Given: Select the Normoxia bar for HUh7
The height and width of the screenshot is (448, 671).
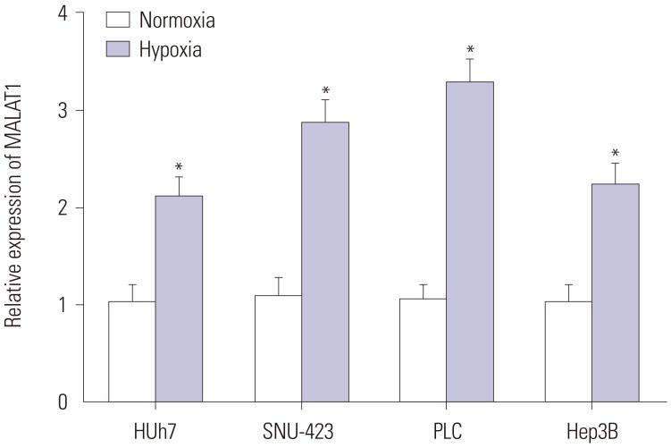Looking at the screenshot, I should click(x=131, y=351).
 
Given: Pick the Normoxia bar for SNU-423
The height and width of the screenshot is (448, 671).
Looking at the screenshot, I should click(x=277, y=349).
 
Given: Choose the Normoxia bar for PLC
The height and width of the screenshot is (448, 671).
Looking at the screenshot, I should click(x=423, y=350).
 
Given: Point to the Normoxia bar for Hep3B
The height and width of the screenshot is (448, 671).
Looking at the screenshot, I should click(x=568, y=351).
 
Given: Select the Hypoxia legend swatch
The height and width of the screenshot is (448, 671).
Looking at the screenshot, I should click(x=119, y=49).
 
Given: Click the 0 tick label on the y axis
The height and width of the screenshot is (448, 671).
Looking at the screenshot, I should click(x=62, y=402).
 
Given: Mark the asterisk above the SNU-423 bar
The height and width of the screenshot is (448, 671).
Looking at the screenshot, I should click(x=325, y=91).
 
